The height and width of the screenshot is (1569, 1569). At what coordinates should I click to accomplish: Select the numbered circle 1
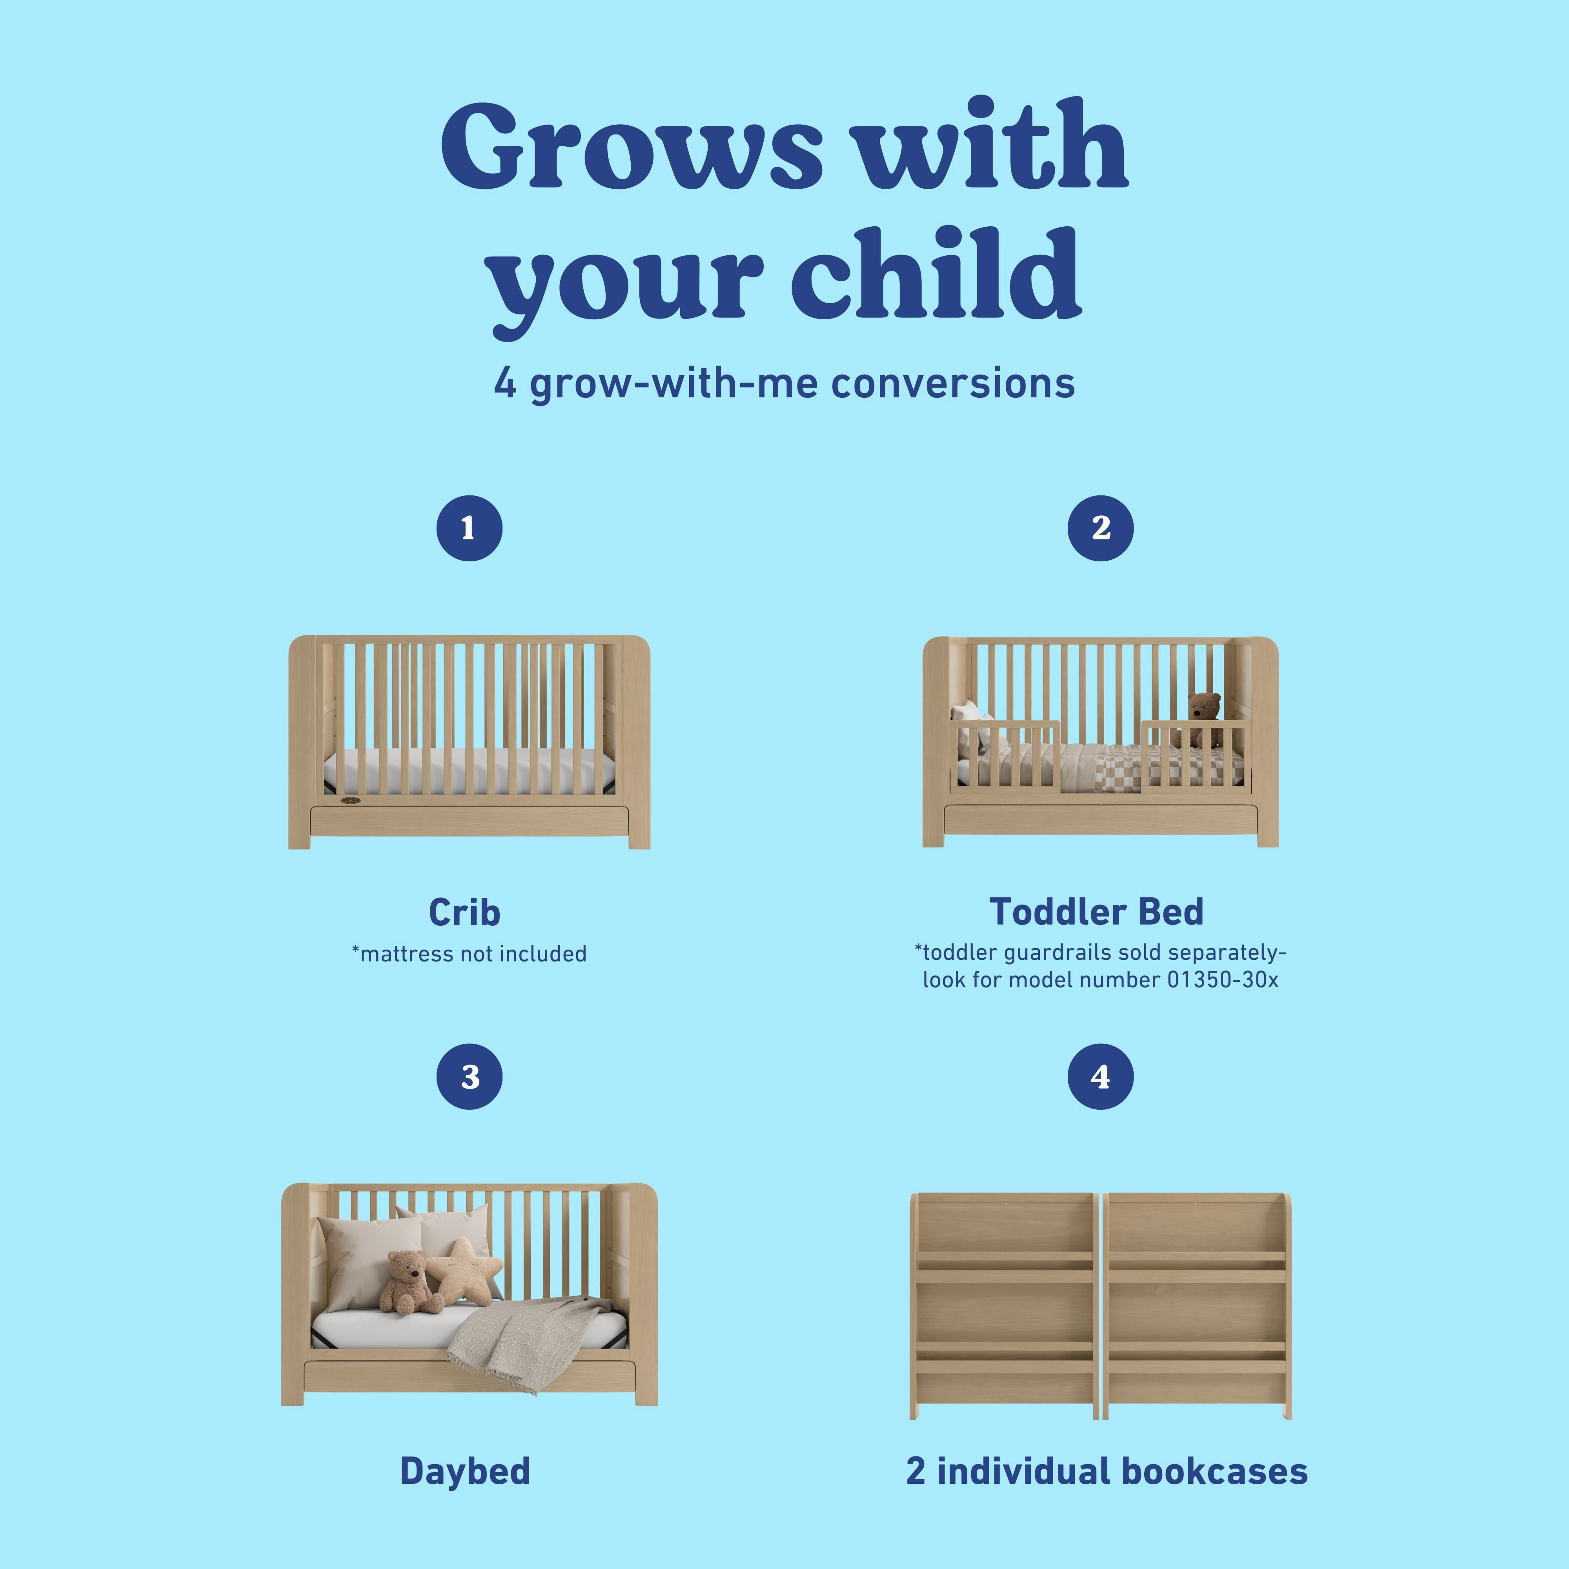470,528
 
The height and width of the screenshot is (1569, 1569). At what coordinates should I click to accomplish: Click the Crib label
464,912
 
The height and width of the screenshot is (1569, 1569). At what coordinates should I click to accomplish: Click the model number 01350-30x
1223,980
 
